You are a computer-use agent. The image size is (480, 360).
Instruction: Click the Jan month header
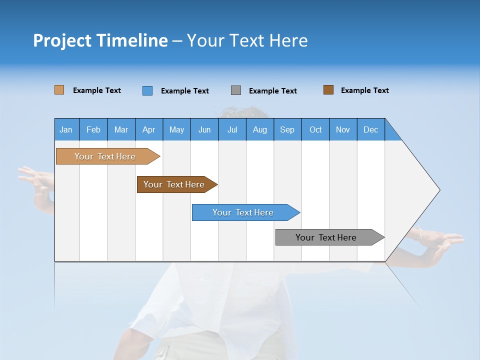[66, 129]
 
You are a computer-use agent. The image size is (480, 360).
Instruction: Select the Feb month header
[93, 129]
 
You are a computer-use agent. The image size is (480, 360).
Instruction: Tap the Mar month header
[121, 129]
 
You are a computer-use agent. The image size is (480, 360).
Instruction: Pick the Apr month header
[149, 129]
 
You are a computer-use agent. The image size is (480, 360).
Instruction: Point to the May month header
[176, 129]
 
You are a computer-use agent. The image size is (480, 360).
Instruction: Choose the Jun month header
[204, 129]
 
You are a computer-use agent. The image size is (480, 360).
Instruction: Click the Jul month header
[232, 129]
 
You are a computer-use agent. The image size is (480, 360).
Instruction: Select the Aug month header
[260, 129]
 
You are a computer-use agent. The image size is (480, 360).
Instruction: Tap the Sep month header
[287, 129]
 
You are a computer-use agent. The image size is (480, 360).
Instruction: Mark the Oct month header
[315, 129]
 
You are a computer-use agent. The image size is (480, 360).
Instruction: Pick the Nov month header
[343, 129]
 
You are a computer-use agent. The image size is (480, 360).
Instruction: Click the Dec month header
[371, 129]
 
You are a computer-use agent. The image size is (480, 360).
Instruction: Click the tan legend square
[59, 90]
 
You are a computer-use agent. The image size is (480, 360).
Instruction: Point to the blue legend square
[147, 90]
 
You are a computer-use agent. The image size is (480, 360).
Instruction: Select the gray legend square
[236, 90]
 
